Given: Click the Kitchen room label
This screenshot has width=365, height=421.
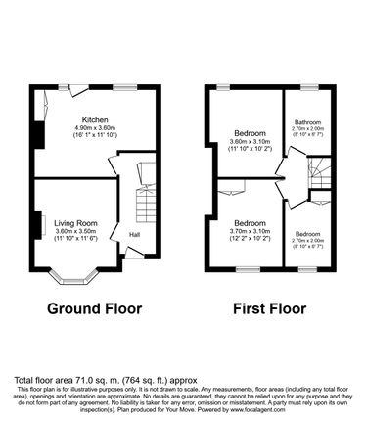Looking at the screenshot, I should click(x=95, y=119).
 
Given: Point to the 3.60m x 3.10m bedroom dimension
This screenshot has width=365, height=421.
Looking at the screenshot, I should click(x=245, y=142).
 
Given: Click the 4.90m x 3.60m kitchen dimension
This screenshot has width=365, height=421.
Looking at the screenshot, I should click(x=95, y=128).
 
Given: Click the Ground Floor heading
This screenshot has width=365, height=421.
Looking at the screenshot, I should click(x=95, y=309).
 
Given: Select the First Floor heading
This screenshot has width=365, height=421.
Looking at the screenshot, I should click(x=270, y=309).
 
